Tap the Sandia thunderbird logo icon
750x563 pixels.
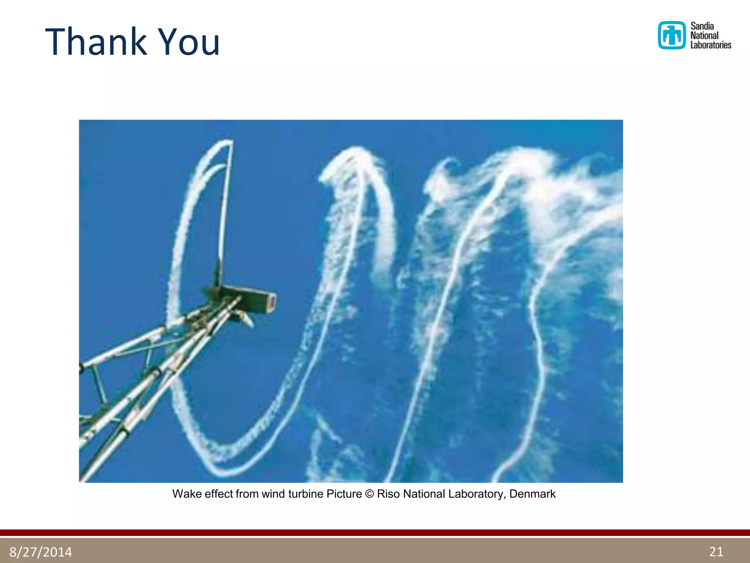click(671, 35)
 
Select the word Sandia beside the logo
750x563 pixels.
click(702, 26)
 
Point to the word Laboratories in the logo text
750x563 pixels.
click(710, 45)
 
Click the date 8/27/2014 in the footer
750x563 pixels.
click(41, 552)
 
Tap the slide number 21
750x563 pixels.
click(716, 551)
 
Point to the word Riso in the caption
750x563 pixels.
click(388, 494)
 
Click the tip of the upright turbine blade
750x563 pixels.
click(231, 141)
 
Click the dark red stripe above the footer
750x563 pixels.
click(375, 533)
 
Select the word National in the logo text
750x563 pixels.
click(704, 36)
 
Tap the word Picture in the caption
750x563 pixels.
click(344, 494)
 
